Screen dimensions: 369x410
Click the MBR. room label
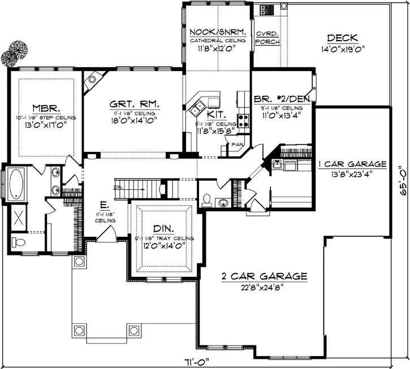(x=44, y=107)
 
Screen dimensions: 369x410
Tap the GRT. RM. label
(x=133, y=104)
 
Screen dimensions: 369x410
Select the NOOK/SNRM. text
(x=218, y=32)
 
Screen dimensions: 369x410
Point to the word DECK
(x=342, y=38)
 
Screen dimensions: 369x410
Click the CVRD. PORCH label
(x=267, y=37)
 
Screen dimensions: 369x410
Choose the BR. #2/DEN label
(x=281, y=97)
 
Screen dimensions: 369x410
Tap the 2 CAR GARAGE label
(x=264, y=276)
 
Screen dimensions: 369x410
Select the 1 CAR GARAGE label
(x=352, y=164)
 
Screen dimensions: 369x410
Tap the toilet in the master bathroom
(x=18, y=242)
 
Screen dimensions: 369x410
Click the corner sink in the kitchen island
(x=198, y=105)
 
